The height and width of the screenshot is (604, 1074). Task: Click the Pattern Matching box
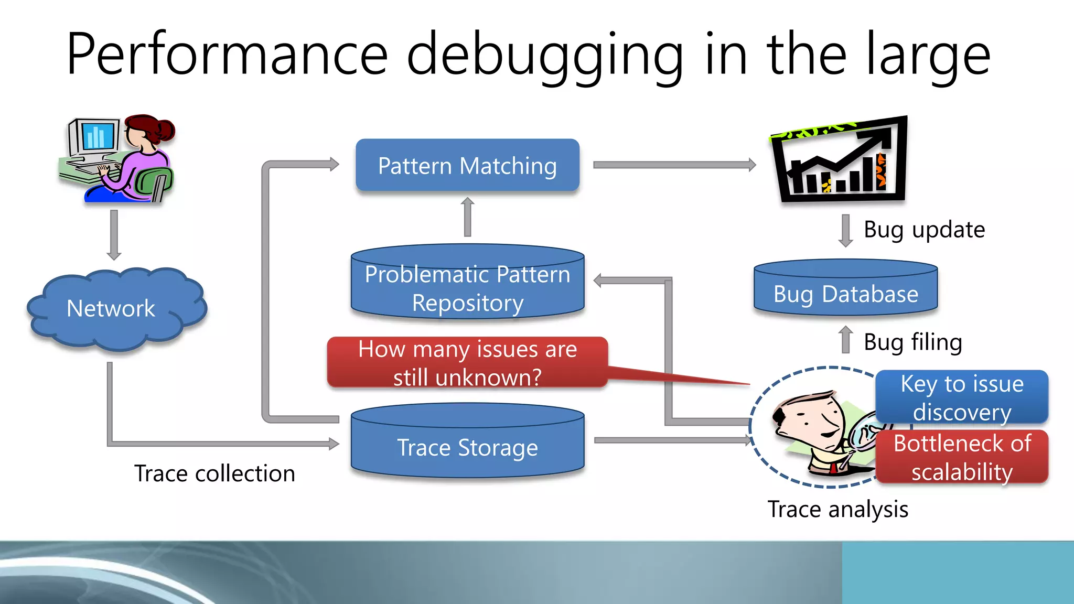pos(467,166)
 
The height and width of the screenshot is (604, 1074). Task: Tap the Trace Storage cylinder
pos(467,443)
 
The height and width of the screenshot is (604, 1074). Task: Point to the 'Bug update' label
pos(924,230)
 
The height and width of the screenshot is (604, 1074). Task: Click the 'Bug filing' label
pos(912,342)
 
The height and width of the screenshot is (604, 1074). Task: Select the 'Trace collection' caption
pos(214,473)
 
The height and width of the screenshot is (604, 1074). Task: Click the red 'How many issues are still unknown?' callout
pos(467,363)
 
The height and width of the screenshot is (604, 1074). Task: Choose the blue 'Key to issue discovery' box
pos(962,397)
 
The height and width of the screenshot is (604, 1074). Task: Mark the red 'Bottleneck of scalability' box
pos(962,457)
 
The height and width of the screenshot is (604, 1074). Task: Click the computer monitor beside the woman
pos(94,137)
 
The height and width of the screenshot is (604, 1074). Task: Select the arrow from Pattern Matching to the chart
pos(674,165)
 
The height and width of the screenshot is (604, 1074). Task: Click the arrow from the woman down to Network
pos(114,235)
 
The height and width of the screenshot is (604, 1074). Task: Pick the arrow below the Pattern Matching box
pos(468,217)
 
